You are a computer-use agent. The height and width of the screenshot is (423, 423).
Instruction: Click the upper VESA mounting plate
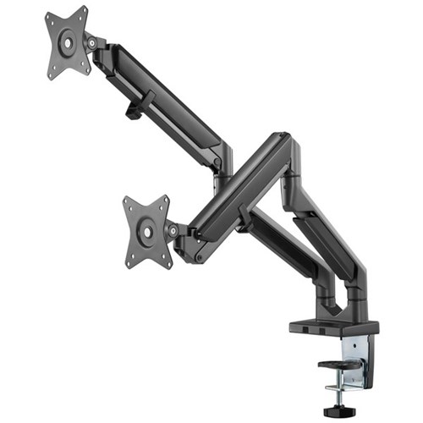[66, 42]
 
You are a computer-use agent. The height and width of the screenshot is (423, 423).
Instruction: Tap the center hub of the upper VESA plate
[67, 41]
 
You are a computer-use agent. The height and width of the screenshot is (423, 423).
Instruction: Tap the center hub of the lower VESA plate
[147, 229]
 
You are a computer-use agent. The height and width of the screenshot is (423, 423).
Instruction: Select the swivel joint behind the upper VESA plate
[91, 42]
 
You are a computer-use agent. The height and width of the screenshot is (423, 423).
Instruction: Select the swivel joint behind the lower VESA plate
[173, 230]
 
